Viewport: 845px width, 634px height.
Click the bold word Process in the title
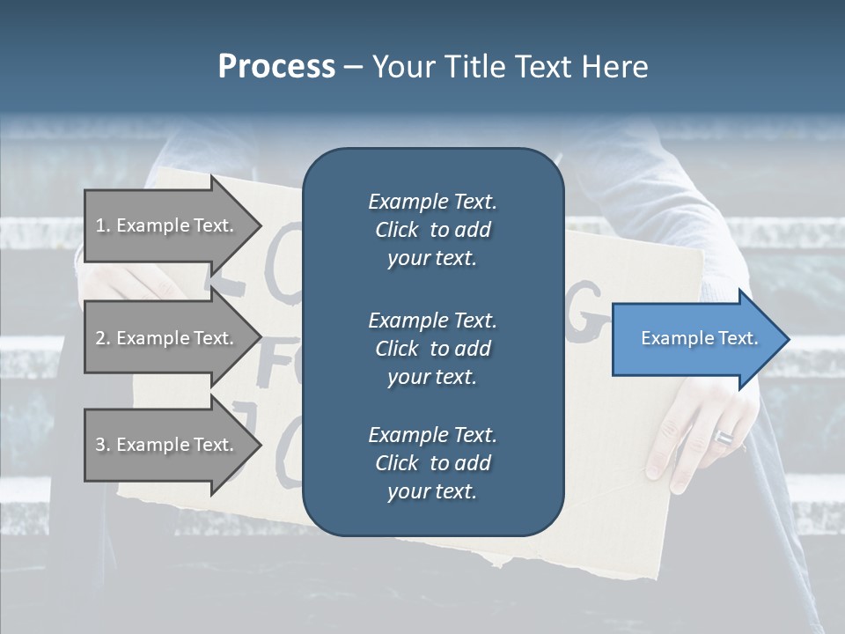pyautogui.click(x=276, y=67)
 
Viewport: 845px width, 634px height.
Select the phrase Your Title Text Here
pyautogui.click(x=510, y=67)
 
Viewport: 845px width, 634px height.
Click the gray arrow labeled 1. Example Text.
pyautogui.click(x=167, y=226)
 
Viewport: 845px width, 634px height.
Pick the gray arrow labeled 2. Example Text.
pyautogui.click(x=167, y=339)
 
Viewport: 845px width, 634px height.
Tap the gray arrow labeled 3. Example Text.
pyautogui.click(x=167, y=445)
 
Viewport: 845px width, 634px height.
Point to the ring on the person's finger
pyautogui.click(x=724, y=437)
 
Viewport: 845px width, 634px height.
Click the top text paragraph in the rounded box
pyautogui.click(x=432, y=230)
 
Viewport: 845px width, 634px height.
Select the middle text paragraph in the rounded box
pyautogui.click(x=432, y=349)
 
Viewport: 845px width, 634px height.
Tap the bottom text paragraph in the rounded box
pyautogui.click(x=432, y=463)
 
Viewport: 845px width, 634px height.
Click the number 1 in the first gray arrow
pyautogui.click(x=100, y=226)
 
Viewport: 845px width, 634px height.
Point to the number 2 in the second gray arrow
pyautogui.click(x=100, y=339)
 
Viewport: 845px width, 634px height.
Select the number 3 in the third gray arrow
pyautogui.click(x=100, y=445)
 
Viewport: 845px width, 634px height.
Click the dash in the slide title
pyautogui.click(x=353, y=68)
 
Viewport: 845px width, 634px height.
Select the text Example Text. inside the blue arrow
pyautogui.click(x=699, y=338)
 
